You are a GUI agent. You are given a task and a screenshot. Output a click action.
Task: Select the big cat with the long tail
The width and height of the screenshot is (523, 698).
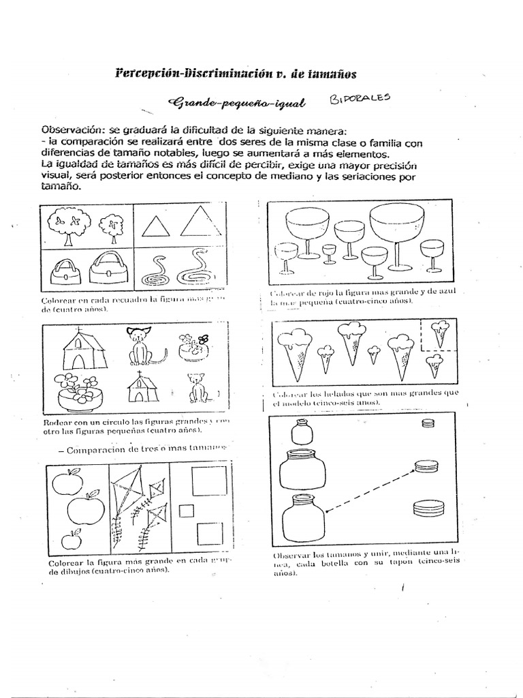[x=141, y=346]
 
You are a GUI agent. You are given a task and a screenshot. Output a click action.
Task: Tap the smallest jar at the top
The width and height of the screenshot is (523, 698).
[x=300, y=431]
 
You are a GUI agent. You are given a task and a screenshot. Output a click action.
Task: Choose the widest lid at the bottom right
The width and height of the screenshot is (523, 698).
[x=428, y=507]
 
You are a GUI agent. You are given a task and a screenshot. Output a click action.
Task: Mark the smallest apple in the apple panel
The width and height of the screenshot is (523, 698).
[x=72, y=541]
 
